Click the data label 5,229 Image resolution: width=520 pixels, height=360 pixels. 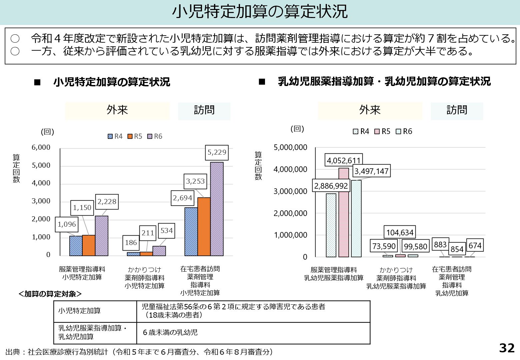(217, 153)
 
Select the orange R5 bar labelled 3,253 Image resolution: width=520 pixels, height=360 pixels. (204, 227)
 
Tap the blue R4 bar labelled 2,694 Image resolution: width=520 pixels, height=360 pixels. (191, 232)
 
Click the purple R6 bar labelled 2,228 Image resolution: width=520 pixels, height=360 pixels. (102, 236)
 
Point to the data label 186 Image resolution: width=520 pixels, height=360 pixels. (131, 243)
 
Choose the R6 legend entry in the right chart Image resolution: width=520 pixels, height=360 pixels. (404, 131)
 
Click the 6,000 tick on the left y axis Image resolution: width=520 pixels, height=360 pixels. (41, 147)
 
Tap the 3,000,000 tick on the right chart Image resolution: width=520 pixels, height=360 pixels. (290, 191)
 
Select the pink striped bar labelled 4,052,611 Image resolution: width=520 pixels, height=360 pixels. (344, 212)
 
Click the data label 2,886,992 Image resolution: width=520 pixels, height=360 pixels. (331, 186)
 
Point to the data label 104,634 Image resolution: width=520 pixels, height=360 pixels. (400, 232)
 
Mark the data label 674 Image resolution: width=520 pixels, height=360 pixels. (475, 246)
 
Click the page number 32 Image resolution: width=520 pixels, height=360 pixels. (507, 348)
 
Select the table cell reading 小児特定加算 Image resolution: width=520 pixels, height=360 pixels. (80, 311)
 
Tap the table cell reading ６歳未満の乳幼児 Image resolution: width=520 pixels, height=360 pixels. (170, 332)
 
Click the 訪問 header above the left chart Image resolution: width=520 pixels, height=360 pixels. (204, 110)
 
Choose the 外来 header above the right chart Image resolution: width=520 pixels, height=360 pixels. (370, 110)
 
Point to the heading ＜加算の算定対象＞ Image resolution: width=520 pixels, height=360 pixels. (50, 294)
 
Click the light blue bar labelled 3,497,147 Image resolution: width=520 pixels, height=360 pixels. (356, 218)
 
